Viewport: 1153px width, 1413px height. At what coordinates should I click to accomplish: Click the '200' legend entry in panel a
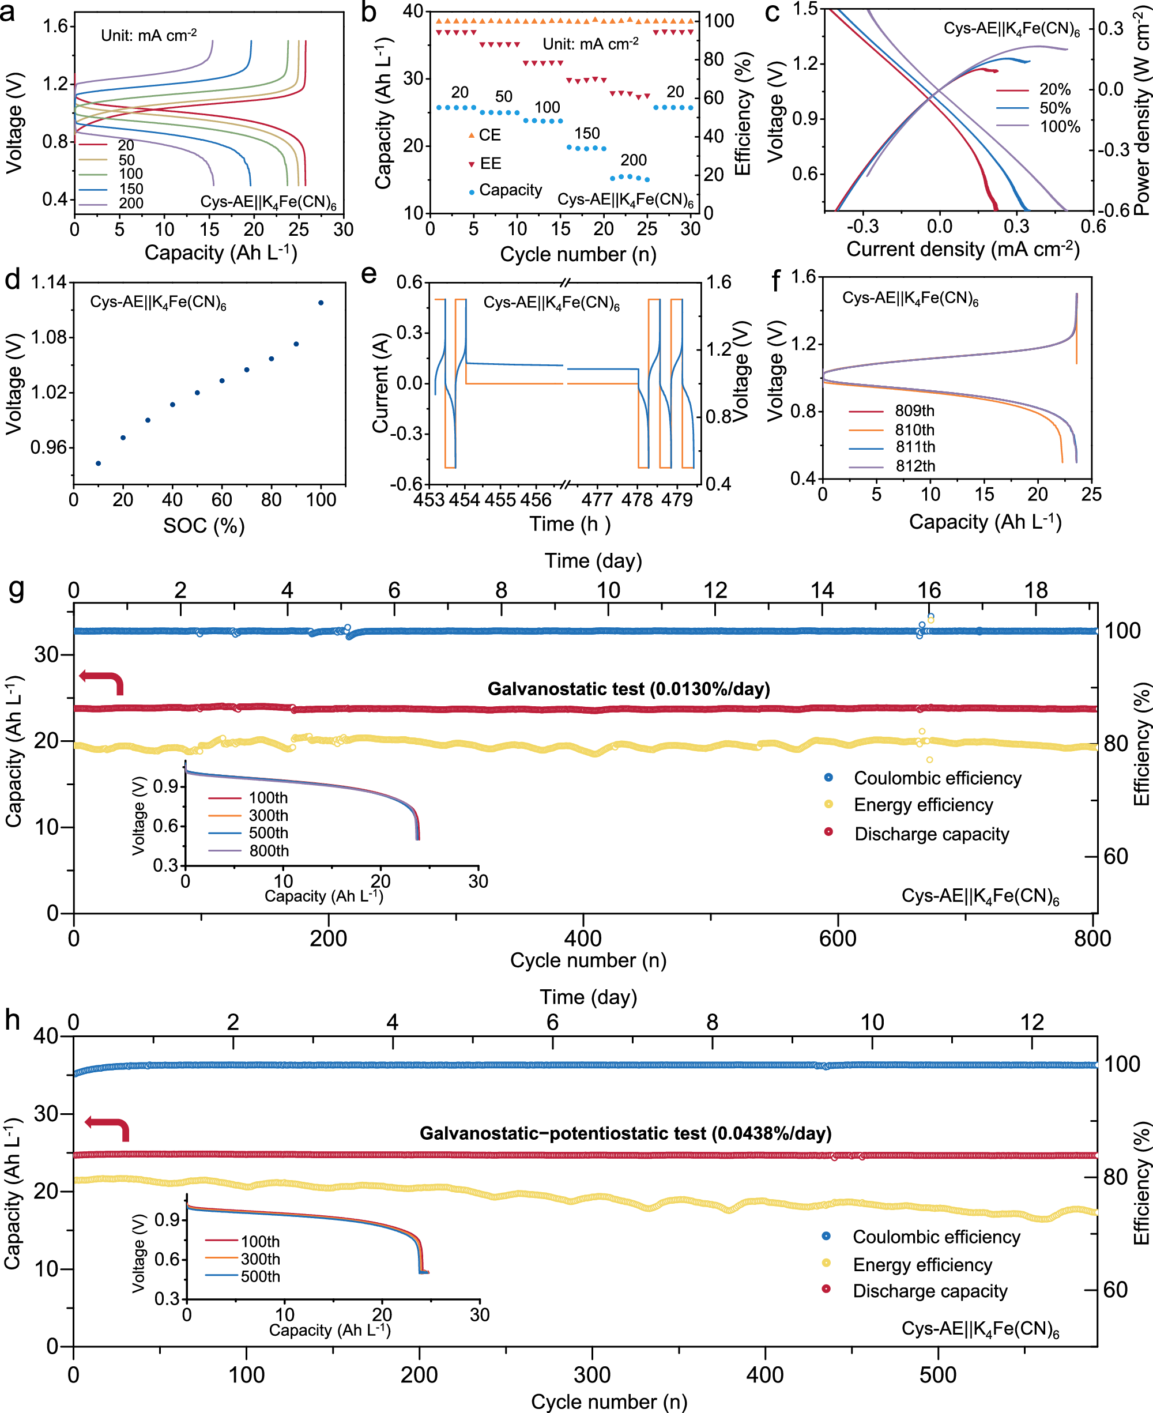click(131, 203)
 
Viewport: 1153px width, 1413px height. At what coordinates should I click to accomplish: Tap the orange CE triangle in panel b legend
click(472, 135)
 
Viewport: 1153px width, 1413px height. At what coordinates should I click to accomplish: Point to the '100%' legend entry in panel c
click(1060, 127)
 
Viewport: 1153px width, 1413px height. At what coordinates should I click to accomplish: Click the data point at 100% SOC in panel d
click(321, 303)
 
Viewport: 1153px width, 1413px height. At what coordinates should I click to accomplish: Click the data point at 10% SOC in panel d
click(99, 464)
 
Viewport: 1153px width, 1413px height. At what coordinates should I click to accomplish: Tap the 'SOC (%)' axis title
click(204, 526)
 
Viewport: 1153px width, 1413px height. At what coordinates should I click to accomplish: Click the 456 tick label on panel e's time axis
click(536, 500)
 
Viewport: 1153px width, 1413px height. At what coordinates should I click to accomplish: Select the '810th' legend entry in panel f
click(914, 429)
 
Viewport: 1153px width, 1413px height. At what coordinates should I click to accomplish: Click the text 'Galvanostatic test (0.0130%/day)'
click(628, 688)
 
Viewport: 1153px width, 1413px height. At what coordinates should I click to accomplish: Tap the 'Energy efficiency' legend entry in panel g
click(923, 805)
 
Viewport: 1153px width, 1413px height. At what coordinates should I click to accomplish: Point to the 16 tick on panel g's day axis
click(929, 590)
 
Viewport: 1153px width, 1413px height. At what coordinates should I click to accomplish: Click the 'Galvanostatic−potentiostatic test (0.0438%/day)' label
click(625, 1133)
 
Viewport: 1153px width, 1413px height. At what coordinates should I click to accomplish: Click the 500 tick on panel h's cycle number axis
click(938, 1374)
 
